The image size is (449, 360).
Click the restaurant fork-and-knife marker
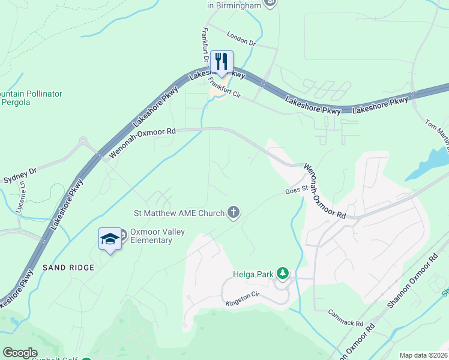click(x=221, y=61)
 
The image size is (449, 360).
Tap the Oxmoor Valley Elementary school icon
click(x=109, y=239)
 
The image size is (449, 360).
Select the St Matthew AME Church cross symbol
click(x=234, y=212)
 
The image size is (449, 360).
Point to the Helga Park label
click(x=253, y=275)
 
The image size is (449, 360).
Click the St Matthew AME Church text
click(x=179, y=212)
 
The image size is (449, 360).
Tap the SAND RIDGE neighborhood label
click(x=68, y=267)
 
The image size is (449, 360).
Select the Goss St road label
click(x=296, y=191)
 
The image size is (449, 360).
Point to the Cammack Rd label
click(x=346, y=318)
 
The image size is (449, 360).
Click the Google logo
click(x=20, y=353)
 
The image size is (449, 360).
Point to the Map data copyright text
click(x=424, y=355)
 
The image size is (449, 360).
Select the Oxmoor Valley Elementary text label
click(x=151, y=236)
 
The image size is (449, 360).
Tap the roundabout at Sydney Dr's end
click(x=82, y=143)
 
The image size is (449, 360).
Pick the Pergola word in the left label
click(x=16, y=104)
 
